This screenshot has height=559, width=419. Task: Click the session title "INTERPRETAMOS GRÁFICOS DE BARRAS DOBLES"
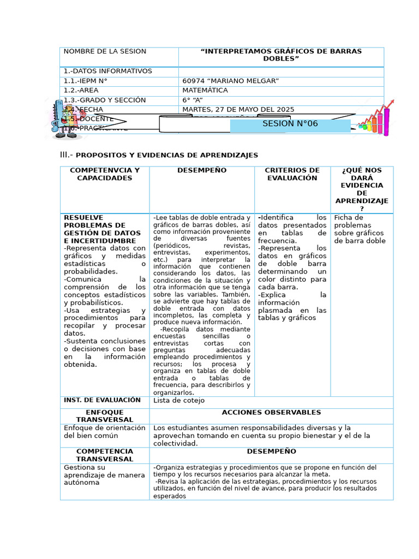[x=281, y=55]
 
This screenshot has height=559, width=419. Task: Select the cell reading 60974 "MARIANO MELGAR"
[x=231, y=81]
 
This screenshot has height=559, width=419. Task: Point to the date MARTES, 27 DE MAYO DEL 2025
[x=238, y=110]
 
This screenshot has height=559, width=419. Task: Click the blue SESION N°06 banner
[x=290, y=124]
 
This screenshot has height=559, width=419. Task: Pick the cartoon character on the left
[x=64, y=118]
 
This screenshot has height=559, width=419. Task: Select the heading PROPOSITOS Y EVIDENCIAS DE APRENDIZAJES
[x=166, y=156]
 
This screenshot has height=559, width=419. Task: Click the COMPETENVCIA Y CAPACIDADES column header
[x=105, y=174]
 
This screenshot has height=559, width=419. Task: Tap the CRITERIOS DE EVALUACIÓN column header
[x=292, y=174]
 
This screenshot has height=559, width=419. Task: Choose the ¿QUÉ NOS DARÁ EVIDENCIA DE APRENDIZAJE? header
[x=361, y=189]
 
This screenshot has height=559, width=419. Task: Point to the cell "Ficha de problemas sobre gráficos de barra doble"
[x=360, y=229]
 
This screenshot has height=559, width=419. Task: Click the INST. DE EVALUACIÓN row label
[x=102, y=400]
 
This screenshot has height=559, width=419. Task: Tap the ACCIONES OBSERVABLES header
[x=271, y=413]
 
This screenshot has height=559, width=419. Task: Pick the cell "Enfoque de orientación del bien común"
[x=105, y=432]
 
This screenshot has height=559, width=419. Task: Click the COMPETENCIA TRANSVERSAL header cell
[x=105, y=455]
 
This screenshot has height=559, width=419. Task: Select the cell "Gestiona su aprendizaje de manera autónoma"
[x=105, y=475]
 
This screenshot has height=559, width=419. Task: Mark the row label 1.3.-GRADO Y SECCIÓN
[x=105, y=100]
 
